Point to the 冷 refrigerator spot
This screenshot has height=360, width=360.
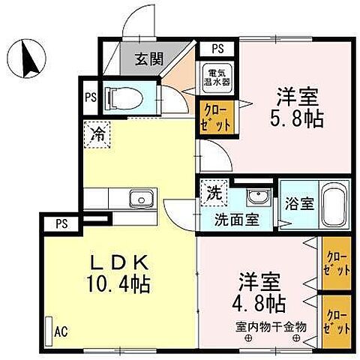pos(98,136)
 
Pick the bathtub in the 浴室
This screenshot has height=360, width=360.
pos(333,204)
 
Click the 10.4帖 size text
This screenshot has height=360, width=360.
pos(119,285)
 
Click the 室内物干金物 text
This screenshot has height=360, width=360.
pos(271,326)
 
